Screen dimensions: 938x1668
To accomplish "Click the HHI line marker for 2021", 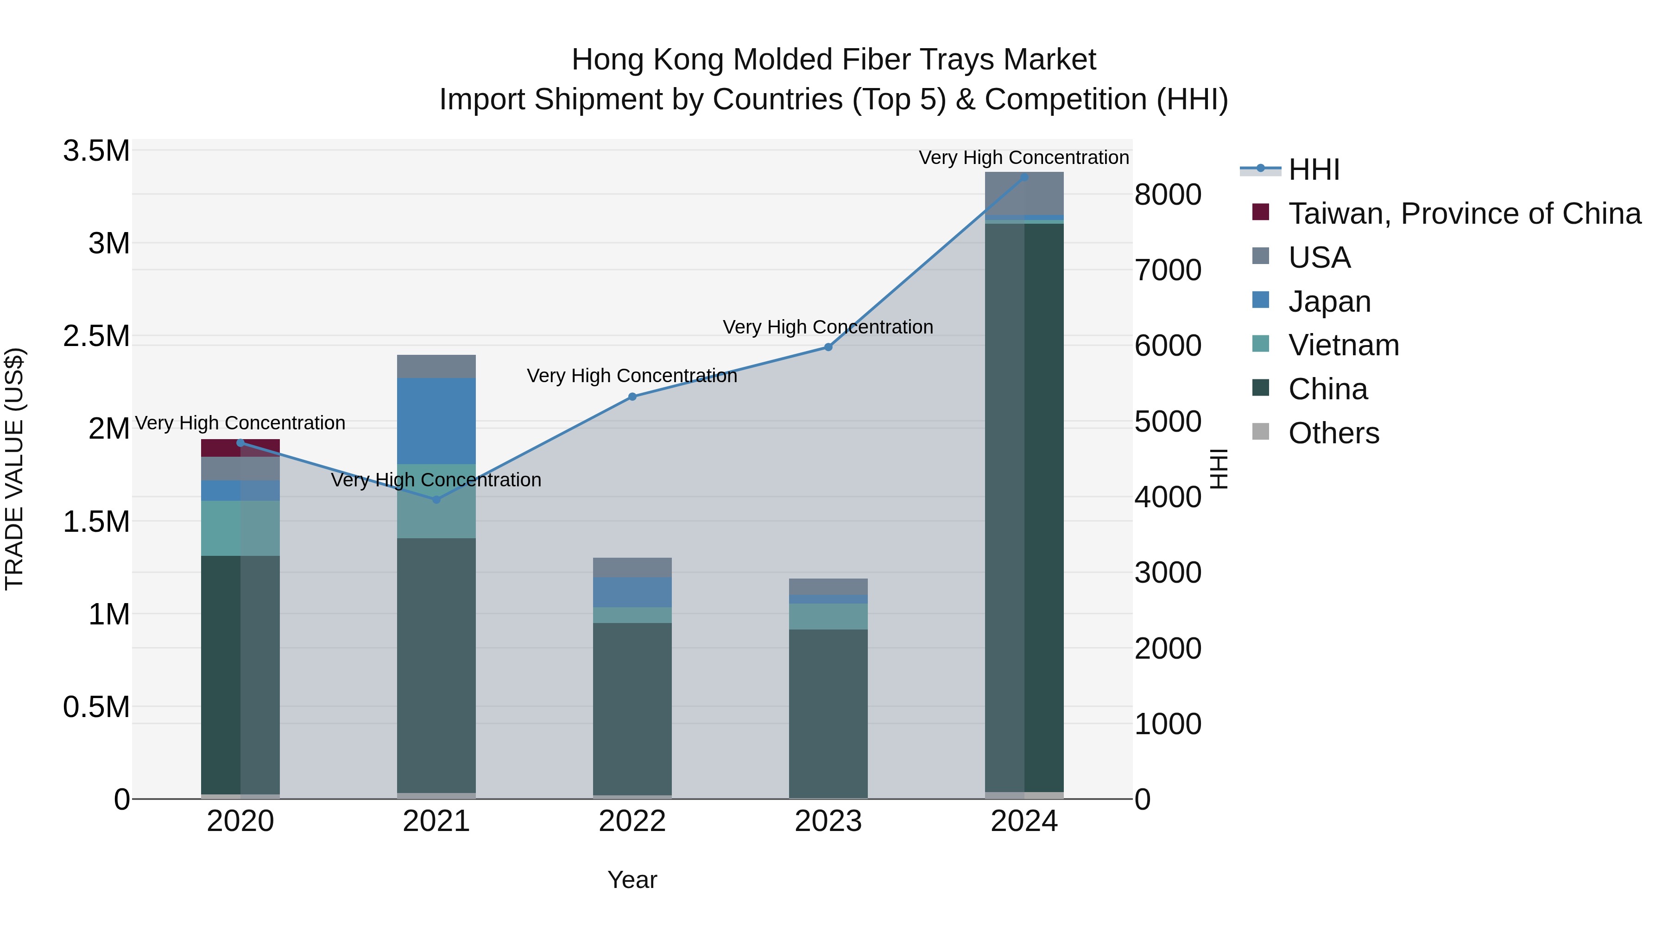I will click(436, 499).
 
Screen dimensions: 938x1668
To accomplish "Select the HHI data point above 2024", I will click(1024, 177).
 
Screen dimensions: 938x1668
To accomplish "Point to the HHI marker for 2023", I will click(828, 347).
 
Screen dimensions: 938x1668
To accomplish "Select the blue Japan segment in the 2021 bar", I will click(436, 421).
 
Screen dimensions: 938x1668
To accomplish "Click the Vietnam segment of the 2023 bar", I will click(828, 616).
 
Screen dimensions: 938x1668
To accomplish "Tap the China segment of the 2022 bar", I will click(632, 709).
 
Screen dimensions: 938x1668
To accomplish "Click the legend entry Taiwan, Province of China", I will click(1463, 214).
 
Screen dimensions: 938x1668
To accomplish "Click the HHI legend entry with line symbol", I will click(1313, 170).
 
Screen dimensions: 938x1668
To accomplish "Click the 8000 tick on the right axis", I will click(1168, 194).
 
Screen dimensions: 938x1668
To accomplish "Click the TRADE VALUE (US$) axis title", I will click(14, 469).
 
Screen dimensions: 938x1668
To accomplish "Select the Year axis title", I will click(632, 880).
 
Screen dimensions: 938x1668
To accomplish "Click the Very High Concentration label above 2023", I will click(828, 327).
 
